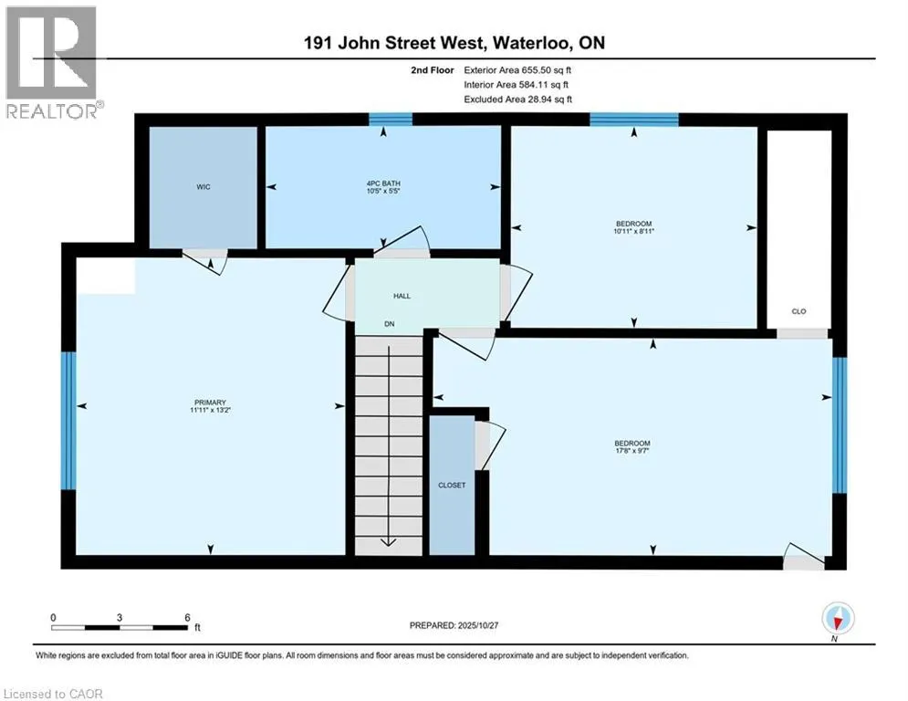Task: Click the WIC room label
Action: [x=203, y=187]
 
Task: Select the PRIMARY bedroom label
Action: [x=210, y=403]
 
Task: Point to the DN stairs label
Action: [x=390, y=325]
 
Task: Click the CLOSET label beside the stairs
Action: [x=451, y=485]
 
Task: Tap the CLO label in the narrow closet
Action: [x=798, y=311]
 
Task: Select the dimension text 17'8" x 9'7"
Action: [x=631, y=449]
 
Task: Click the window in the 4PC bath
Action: [x=390, y=118]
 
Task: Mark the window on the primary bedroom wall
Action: [x=68, y=421]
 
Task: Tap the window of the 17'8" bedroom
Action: [x=840, y=424]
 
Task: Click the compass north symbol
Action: [x=837, y=621]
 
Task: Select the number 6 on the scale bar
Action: [x=187, y=616]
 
